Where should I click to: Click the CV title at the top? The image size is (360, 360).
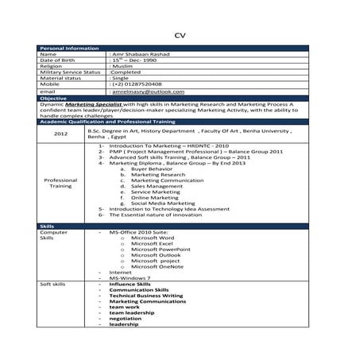pos(179,35)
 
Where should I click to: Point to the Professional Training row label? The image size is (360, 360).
pos(60,183)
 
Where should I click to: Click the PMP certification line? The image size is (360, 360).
pos(195,152)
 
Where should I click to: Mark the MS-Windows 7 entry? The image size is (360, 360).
pos(130,278)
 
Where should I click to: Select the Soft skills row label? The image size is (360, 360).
pos(52,285)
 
